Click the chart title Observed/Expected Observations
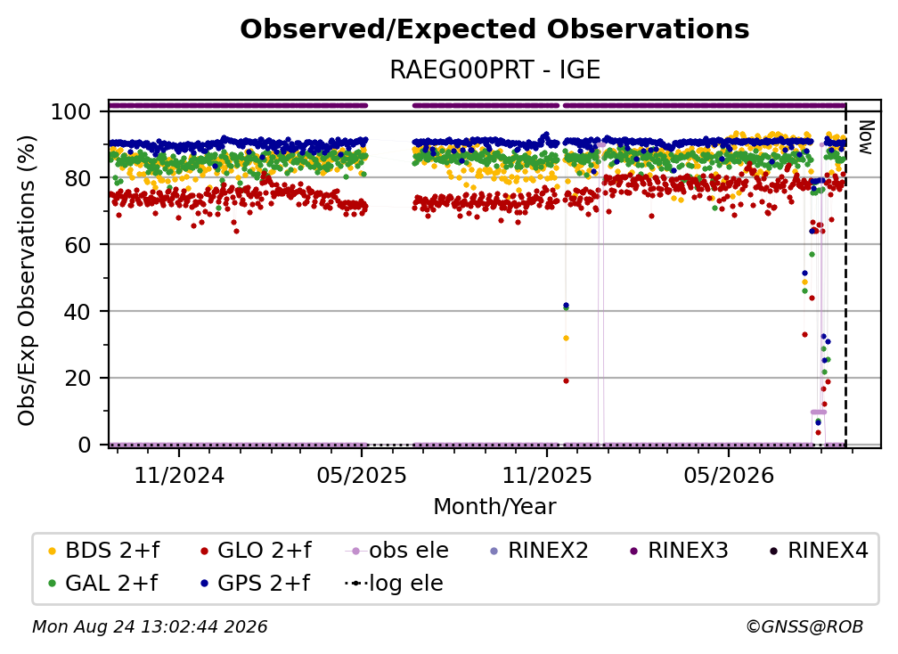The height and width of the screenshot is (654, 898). [x=494, y=29]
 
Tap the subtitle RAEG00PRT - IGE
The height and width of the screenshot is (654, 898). [x=494, y=69]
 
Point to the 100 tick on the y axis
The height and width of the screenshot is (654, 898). [x=71, y=111]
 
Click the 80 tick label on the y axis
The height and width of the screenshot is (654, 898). [x=78, y=178]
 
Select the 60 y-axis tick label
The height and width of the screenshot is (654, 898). [x=78, y=244]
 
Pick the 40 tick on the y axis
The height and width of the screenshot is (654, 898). [x=78, y=312]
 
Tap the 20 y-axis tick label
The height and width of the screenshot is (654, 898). [x=78, y=378]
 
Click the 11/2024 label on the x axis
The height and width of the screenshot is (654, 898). [x=179, y=476]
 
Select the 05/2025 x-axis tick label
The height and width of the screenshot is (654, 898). [x=362, y=476]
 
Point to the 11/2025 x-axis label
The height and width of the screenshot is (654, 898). [x=547, y=476]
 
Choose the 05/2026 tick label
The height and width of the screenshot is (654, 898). [x=729, y=476]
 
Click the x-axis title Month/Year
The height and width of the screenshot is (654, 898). [x=494, y=507]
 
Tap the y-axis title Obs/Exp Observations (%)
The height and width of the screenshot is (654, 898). [x=27, y=280]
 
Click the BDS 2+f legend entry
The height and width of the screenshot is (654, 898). [x=103, y=551]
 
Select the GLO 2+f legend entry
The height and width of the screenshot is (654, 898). [x=256, y=551]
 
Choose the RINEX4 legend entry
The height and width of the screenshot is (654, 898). [x=819, y=551]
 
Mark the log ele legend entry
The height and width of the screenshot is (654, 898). [x=394, y=584]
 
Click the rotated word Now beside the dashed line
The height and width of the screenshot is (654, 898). [x=865, y=137]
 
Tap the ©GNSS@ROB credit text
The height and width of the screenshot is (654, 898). [x=804, y=627]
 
